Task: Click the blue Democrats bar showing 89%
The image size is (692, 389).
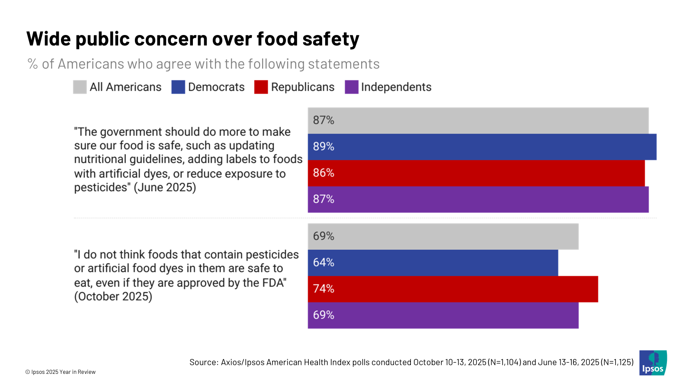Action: [x=482, y=147]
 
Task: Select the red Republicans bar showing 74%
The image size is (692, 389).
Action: [x=453, y=289]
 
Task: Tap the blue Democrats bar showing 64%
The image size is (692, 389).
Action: [x=432, y=263]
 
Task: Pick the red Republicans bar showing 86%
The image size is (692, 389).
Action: [x=476, y=173]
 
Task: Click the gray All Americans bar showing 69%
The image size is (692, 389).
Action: [x=443, y=236]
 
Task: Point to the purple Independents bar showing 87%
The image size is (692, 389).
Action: [x=478, y=200]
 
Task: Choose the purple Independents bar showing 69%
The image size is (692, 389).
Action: [x=443, y=316]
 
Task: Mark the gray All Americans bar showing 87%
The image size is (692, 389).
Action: [x=478, y=121]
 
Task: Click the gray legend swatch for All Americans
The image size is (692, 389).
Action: [x=80, y=87]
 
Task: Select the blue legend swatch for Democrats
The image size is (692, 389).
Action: [x=178, y=87]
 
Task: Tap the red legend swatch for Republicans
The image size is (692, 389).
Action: [x=261, y=87]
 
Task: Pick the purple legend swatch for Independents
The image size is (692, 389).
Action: [x=352, y=87]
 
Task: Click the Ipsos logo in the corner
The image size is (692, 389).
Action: [x=653, y=363]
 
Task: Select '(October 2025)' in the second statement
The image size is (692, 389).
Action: [x=113, y=297]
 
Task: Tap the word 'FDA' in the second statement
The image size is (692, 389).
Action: [x=273, y=283]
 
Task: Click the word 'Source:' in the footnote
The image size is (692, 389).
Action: [x=204, y=362]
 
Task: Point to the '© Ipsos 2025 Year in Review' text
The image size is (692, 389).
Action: [x=61, y=372]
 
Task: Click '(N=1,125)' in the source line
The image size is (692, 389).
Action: [x=617, y=362]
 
